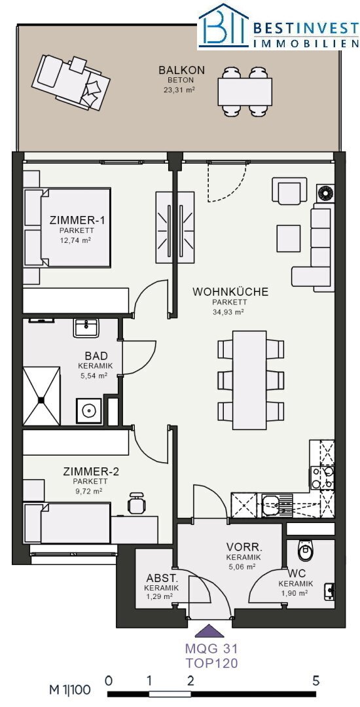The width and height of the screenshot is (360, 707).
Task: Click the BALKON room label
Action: point(181,70)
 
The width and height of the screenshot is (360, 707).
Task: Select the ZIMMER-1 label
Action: point(77,221)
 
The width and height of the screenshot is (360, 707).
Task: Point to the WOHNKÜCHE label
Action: point(230,292)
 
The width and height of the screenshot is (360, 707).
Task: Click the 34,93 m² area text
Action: point(228,312)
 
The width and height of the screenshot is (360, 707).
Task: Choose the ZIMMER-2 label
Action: point(91,472)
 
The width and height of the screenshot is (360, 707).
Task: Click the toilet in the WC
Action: point(306,549)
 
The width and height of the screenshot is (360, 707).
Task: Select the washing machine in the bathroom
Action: point(90,410)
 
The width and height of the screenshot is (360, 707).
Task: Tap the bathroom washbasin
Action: point(86,328)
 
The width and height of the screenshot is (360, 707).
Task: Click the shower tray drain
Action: point(41,399)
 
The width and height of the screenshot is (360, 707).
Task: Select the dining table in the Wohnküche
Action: point(249,380)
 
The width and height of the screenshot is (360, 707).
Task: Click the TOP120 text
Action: point(211,663)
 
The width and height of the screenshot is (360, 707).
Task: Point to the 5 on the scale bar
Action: point(316,680)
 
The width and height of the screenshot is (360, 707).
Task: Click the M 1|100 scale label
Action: point(70,690)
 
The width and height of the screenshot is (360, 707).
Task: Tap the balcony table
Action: point(245,92)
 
